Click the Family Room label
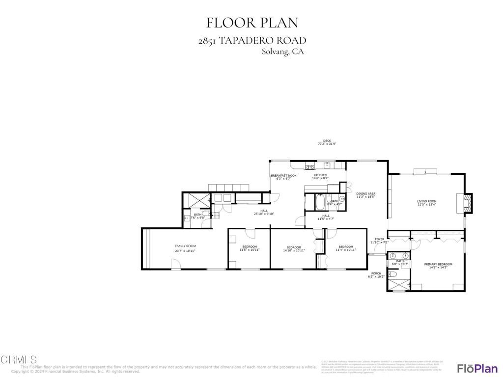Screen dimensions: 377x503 coord(185,246)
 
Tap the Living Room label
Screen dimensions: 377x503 coord(426,201)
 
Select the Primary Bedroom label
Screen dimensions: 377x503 coord(438,265)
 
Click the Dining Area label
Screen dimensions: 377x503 coord(365,194)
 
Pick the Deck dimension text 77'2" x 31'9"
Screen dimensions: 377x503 coord(327,144)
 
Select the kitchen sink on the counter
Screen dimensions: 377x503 coord(327,164)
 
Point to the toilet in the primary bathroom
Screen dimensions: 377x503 coord(394,275)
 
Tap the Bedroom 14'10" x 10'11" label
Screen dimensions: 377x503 coord(294,247)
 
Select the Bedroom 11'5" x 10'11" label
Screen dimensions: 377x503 coord(250,247)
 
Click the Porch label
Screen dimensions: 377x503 coord(376,274)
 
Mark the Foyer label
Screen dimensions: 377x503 coord(379,240)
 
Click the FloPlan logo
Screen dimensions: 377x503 coord(477,368)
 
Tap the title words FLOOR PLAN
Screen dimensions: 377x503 coord(251,23)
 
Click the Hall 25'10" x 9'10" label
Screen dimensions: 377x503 coord(264,211)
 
